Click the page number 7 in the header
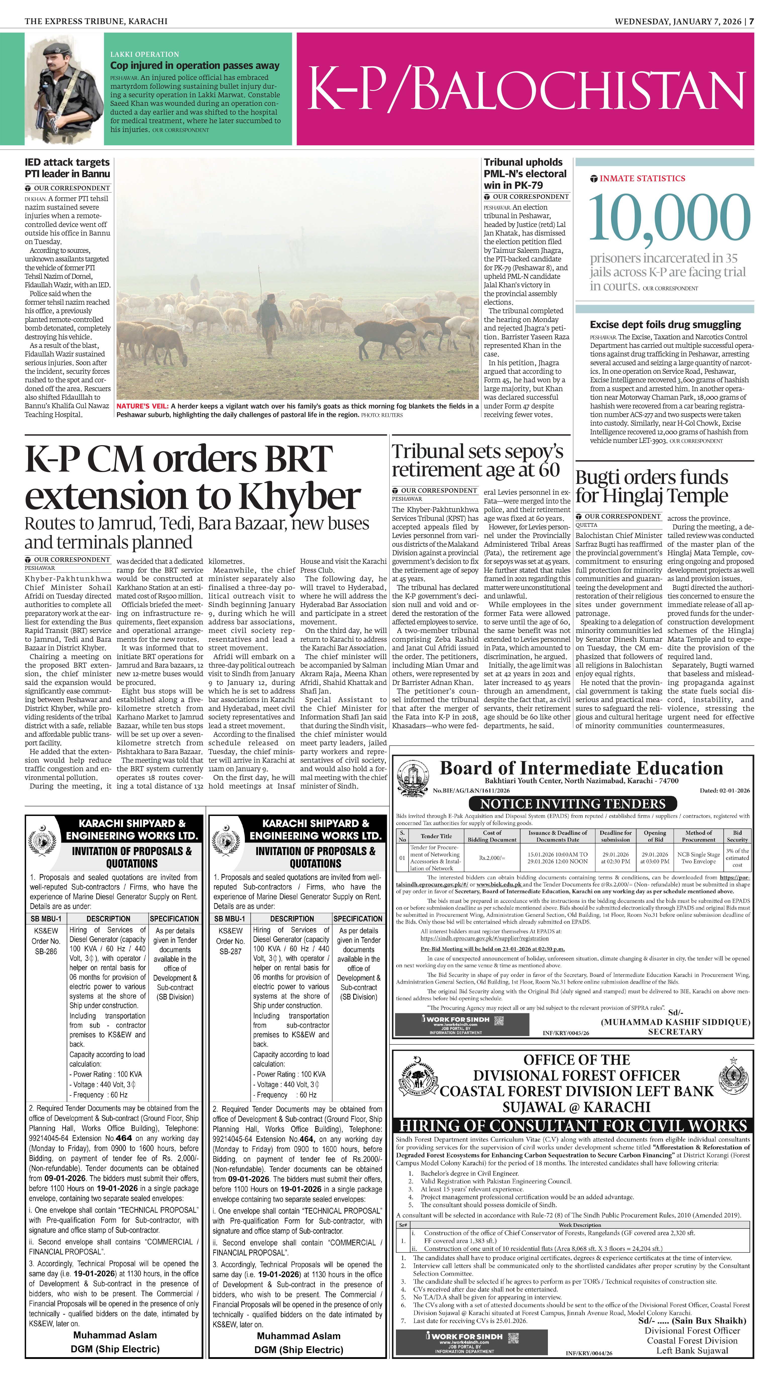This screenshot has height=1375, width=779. [751, 21]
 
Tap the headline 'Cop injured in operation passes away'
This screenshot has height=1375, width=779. [195, 65]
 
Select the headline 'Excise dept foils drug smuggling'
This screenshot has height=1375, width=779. [665, 324]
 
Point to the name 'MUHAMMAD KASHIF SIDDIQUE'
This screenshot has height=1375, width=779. [675, 1022]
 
